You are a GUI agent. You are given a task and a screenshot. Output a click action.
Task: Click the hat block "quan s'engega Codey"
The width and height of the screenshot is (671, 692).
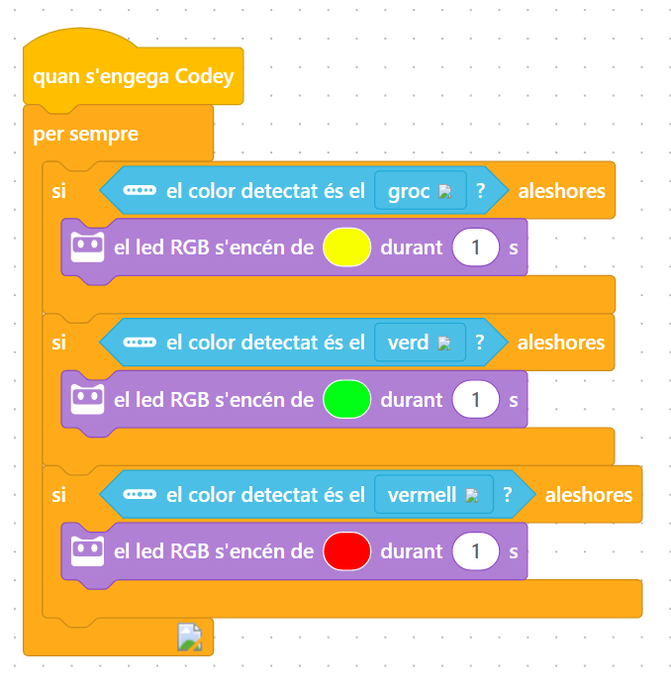(133, 76)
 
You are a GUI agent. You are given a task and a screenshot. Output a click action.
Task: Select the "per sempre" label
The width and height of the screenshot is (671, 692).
(85, 134)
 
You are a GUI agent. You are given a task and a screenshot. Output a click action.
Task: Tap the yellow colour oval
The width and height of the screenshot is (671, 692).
(346, 247)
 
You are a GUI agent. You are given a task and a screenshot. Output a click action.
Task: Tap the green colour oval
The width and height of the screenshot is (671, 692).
(346, 400)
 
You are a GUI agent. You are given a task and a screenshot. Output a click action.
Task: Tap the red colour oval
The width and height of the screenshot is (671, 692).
(346, 551)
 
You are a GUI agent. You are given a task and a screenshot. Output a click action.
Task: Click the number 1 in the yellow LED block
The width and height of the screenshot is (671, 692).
(476, 247)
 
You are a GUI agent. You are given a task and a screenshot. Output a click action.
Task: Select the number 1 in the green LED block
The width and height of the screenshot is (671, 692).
(476, 400)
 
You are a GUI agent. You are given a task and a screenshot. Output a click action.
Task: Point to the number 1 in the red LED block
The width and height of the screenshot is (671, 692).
(476, 551)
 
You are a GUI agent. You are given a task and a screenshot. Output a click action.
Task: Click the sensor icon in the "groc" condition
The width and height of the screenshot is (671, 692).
(140, 191)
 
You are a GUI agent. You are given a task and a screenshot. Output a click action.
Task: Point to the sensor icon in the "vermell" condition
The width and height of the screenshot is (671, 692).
(140, 495)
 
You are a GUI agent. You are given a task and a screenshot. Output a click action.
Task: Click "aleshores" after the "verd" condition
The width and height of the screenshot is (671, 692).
(561, 344)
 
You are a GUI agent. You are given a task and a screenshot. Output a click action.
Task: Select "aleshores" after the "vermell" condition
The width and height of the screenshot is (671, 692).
(588, 495)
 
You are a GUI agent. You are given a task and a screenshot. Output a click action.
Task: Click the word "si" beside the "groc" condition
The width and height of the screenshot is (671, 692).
(59, 191)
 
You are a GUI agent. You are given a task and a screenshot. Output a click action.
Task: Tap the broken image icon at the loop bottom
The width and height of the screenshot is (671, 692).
(190, 638)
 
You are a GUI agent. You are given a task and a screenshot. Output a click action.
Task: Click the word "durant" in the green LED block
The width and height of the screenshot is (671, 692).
(411, 400)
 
